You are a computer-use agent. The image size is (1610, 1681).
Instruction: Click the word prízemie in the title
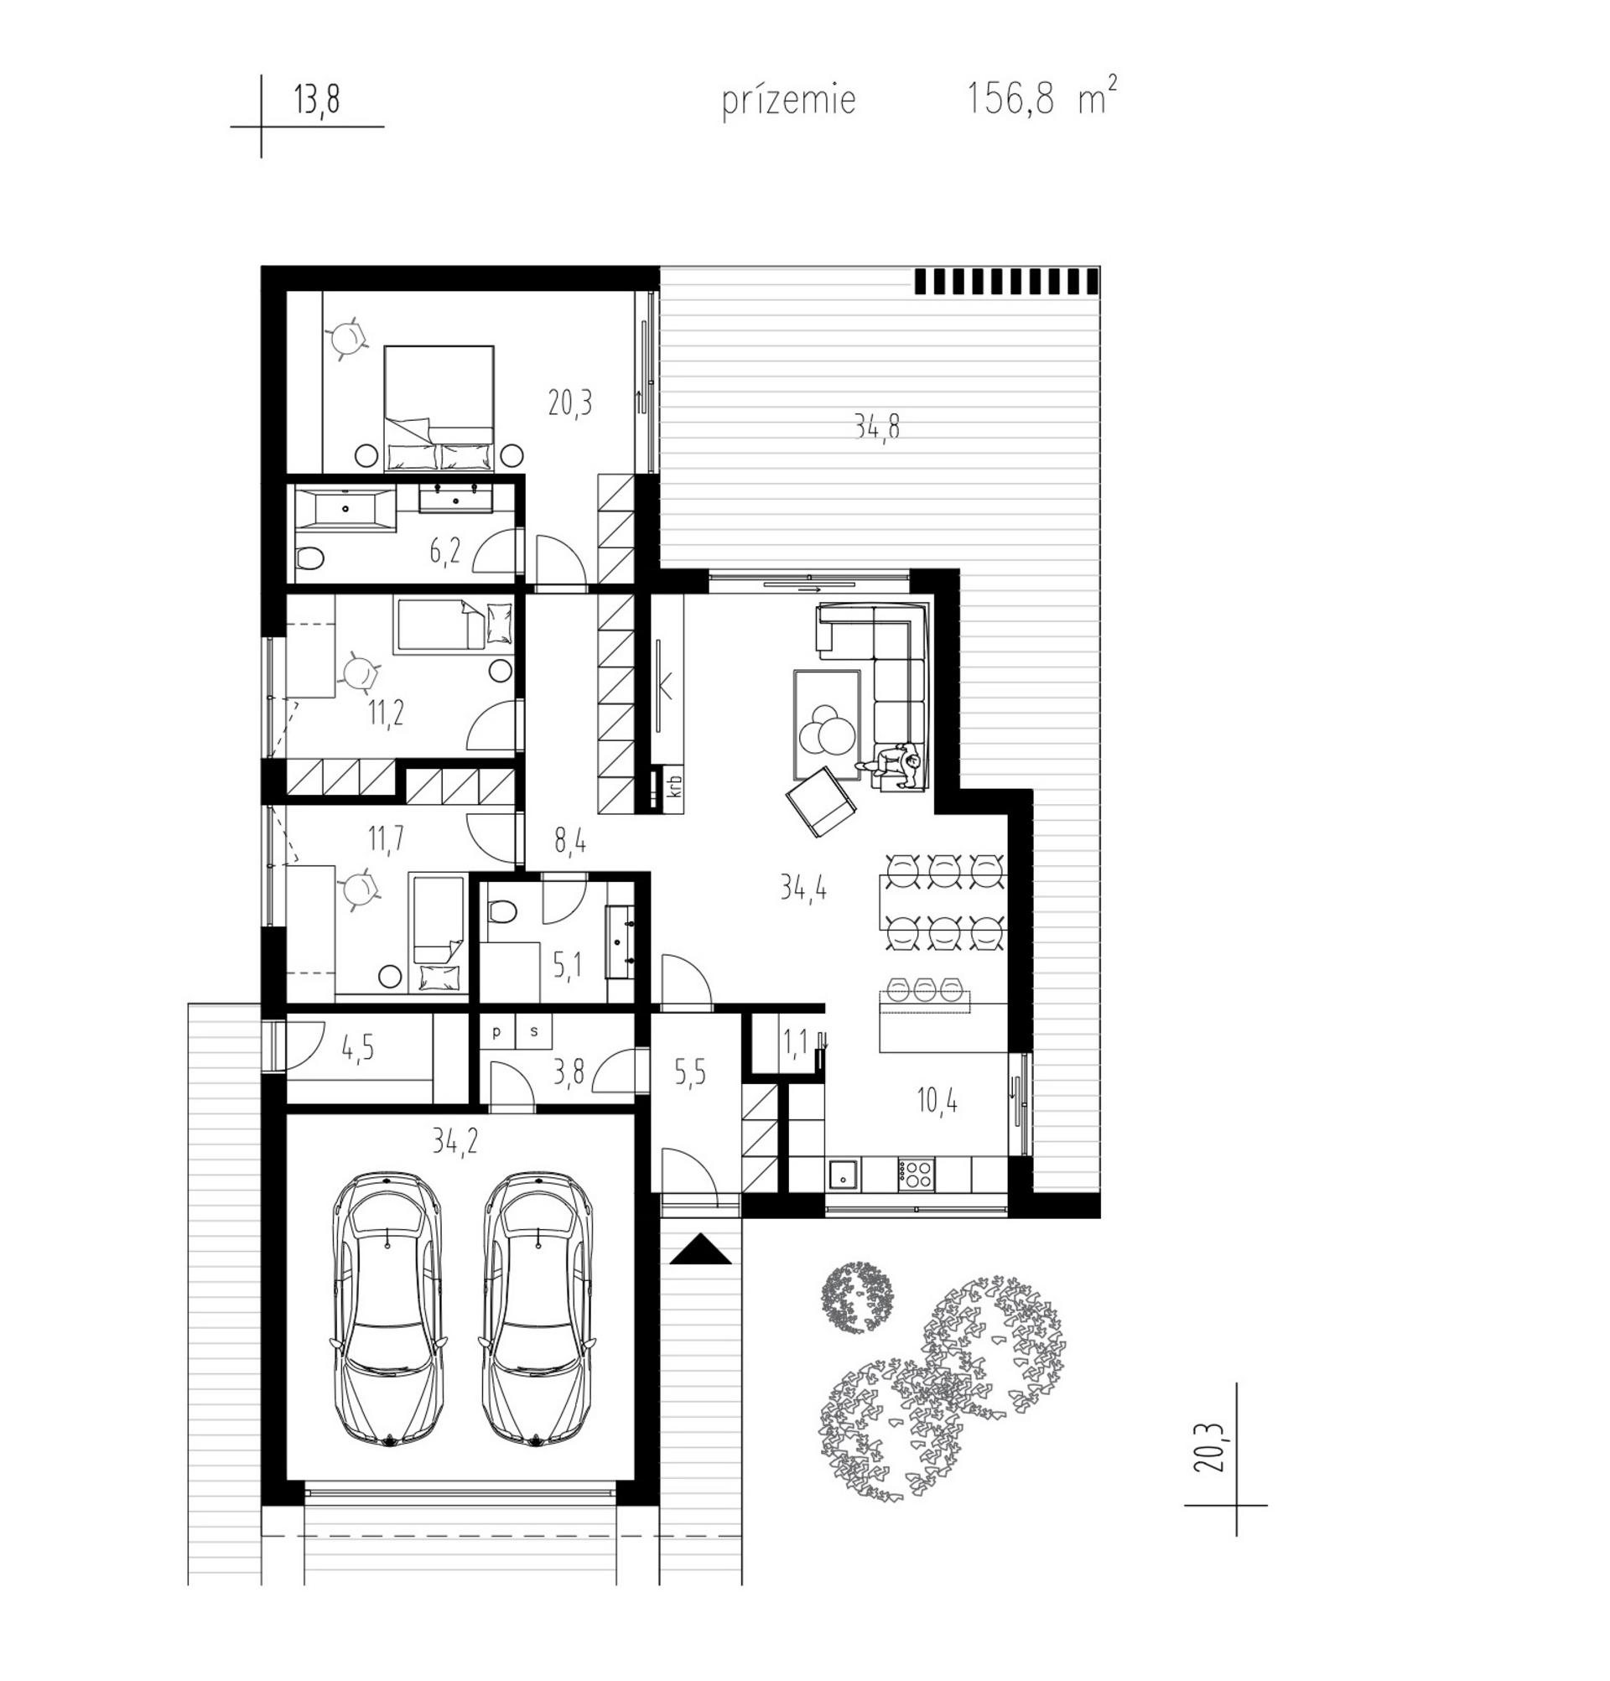788,101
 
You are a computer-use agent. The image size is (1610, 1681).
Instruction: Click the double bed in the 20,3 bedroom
439,407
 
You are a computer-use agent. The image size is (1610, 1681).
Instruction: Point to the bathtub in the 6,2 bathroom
345,509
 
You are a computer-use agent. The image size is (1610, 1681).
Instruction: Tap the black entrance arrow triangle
700,1248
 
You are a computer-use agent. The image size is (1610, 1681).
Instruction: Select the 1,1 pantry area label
795,1044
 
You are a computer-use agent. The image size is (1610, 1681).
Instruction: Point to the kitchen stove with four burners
914,1172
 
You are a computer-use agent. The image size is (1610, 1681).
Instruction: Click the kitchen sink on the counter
844,1172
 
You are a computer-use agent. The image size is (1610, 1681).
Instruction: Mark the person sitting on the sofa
898,762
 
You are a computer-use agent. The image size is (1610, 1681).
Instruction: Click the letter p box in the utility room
496,1032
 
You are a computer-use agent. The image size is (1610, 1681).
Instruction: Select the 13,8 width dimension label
316,101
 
